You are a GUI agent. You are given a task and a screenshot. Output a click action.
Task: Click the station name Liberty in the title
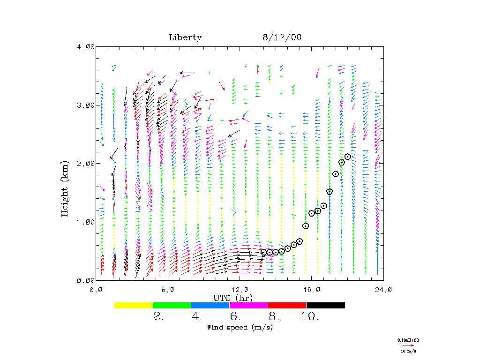pyautogui.click(x=185, y=37)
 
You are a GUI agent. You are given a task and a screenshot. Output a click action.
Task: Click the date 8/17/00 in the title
pyautogui.click(x=282, y=37)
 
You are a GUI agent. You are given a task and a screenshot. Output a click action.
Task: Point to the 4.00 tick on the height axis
pyautogui.click(x=86, y=46)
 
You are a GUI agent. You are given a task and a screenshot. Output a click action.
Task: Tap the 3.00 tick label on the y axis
pyautogui.click(x=86, y=105)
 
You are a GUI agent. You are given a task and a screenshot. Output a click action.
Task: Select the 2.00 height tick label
pyautogui.click(x=86, y=163)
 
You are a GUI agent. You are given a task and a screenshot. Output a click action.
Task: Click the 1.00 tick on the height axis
pyautogui.click(x=86, y=222)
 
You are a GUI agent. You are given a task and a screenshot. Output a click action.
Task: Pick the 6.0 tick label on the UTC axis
pyautogui.click(x=168, y=290)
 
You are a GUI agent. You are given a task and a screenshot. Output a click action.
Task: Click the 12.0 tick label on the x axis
pyautogui.click(x=240, y=290)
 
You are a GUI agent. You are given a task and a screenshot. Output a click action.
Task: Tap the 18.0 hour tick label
pyautogui.click(x=311, y=290)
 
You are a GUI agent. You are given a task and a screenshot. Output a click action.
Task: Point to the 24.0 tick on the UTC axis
pyautogui.click(x=383, y=290)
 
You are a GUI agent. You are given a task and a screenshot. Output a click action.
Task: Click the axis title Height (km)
pyautogui.click(x=65, y=187)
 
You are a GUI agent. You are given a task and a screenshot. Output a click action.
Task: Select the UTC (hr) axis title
pyautogui.click(x=233, y=298)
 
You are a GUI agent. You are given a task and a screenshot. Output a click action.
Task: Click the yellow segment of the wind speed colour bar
pyautogui.click(x=134, y=305)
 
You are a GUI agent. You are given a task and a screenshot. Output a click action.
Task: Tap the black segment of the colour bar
pyautogui.click(x=325, y=305)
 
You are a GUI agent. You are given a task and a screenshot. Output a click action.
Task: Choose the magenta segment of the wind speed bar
pyautogui.click(x=248, y=305)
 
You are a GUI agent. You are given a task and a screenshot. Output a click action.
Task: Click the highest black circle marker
pyautogui.click(x=348, y=157)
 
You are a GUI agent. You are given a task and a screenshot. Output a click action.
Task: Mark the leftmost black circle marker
pyautogui.click(x=263, y=252)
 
